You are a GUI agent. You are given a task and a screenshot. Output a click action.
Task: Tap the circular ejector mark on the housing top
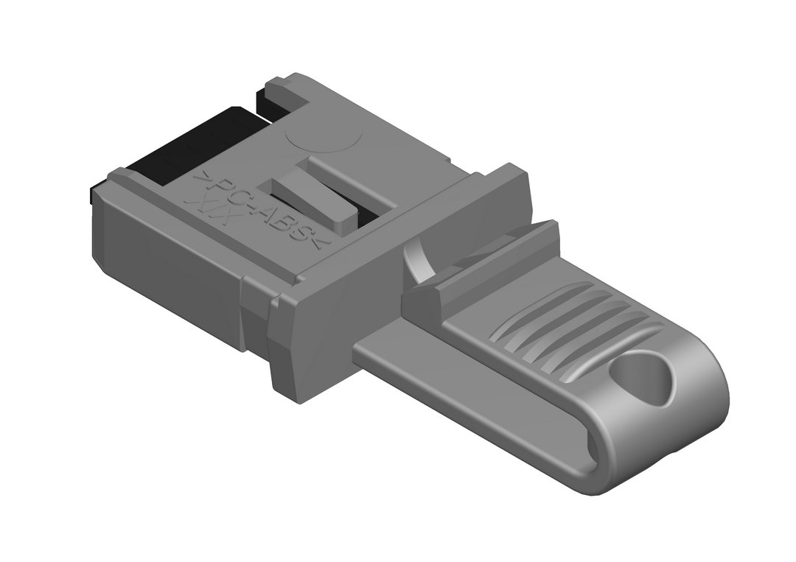tap(324, 136)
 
